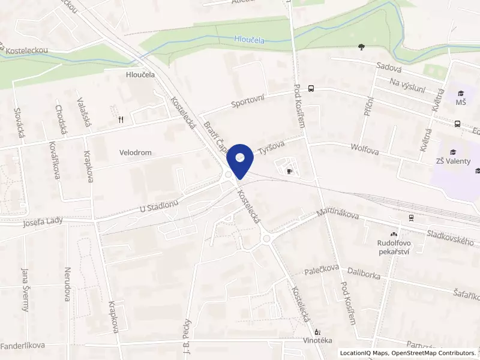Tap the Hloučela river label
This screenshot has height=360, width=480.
click(x=253, y=40)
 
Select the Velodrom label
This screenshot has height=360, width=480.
click(x=135, y=153)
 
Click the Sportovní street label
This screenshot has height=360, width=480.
click(x=248, y=101)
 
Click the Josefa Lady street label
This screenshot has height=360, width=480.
click(x=43, y=223)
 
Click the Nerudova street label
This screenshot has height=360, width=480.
click(x=67, y=284)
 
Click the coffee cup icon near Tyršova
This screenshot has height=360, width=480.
click(x=290, y=171)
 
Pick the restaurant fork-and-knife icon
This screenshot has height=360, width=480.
click(x=121, y=119)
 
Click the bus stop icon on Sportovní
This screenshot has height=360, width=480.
click(x=311, y=88)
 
